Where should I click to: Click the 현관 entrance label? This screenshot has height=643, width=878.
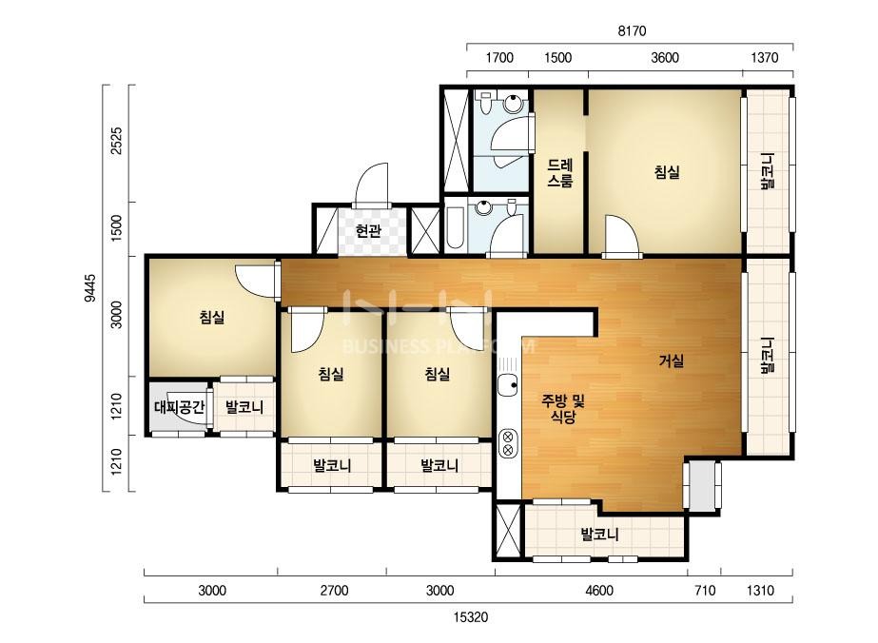[x=368, y=231]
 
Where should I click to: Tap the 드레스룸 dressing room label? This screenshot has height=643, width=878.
[x=560, y=173]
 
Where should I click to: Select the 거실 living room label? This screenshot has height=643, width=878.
[x=671, y=361]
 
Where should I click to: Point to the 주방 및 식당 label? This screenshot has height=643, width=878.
[x=563, y=408]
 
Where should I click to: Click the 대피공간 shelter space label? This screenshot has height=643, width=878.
[x=179, y=407]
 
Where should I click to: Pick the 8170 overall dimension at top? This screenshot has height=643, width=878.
[x=632, y=30]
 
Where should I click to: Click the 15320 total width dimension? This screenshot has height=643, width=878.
[x=470, y=617]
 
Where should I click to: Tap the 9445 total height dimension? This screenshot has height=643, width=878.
[x=90, y=288]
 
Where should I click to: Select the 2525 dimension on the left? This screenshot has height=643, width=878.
[x=116, y=141]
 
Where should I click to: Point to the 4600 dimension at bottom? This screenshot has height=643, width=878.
[x=598, y=591]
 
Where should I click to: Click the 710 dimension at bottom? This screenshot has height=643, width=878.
[x=705, y=591]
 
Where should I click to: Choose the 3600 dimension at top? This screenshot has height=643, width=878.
[x=665, y=58]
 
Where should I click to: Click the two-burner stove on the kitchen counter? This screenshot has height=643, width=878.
[x=508, y=442]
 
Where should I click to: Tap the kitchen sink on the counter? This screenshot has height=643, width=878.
[x=507, y=385]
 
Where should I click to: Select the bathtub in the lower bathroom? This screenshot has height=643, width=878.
[x=455, y=228]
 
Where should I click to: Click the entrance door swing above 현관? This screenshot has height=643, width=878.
[x=372, y=185]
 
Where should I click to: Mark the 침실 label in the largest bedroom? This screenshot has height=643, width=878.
[x=667, y=172]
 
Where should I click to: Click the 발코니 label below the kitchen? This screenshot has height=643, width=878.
[x=599, y=535]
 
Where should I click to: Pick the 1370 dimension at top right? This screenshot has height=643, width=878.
[x=765, y=58]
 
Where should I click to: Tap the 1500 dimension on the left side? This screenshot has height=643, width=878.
[x=116, y=228]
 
